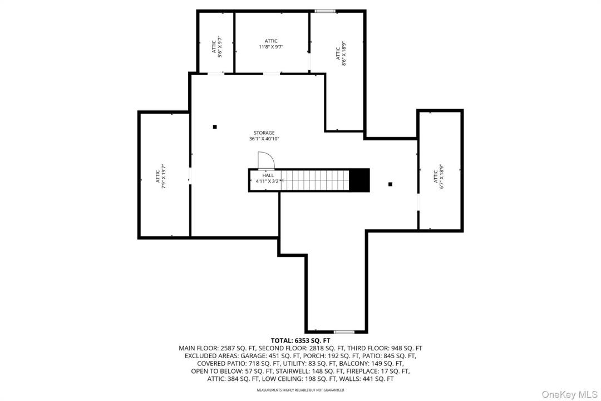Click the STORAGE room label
pyautogui.click(x=264, y=133)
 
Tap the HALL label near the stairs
pyautogui.click(x=268, y=175)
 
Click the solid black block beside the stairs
pyautogui.click(x=359, y=180)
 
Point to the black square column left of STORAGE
pyautogui.click(x=215, y=127)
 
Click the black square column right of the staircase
pyautogui.click(x=390, y=184)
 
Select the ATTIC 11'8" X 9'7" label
pyautogui.click(x=271, y=44)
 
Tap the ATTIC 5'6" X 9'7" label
pyautogui.click(x=217, y=47)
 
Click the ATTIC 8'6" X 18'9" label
pyautogui.click(x=341, y=53)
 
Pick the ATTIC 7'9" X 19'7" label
pyautogui.click(x=160, y=176)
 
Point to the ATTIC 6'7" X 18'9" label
pyautogui.click(x=438, y=177)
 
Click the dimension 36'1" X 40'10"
pyautogui.click(x=264, y=139)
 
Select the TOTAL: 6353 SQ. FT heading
pyautogui.click(x=300, y=340)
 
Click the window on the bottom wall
pyautogui.click(x=344, y=332)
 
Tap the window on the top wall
pyautogui.click(x=325, y=11)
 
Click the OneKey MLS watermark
pyautogui.click(x=570, y=394)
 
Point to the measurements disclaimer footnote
pyautogui.click(x=300, y=390)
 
